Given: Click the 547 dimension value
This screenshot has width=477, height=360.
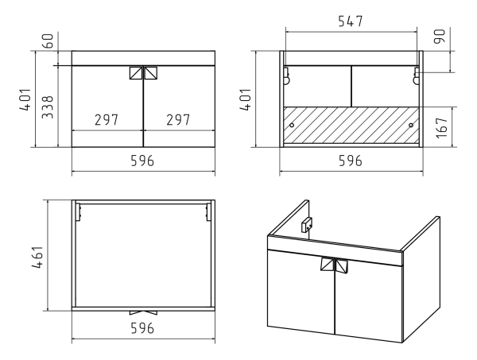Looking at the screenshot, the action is click(x=351, y=21).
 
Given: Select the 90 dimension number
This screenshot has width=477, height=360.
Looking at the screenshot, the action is click(x=440, y=37).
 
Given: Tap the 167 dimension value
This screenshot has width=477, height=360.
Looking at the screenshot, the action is click(x=442, y=128).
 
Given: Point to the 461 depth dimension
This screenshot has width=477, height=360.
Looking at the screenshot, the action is click(x=37, y=257).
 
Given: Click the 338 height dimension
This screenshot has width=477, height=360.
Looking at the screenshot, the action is click(x=48, y=106).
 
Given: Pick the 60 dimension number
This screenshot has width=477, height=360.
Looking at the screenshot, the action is click(x=48, y=41).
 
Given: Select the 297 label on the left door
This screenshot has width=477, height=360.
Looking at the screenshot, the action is click(x=107, y=120).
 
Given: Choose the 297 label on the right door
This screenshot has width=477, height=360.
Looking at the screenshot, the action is click(x=178, y=120).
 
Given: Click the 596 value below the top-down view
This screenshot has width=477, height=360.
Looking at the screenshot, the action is click(x=142, y=328).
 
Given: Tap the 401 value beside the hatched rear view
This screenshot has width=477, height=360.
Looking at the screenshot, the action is click(x=245, y=99).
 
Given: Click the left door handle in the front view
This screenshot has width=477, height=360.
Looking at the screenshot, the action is click(x=136, y=73).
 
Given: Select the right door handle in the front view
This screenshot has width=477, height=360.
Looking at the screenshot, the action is click(x=151, y=73).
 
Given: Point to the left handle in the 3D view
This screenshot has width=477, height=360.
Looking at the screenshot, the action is click(x=328, y=264).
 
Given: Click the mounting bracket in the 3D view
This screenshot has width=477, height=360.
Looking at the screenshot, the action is click(x=307, y=225).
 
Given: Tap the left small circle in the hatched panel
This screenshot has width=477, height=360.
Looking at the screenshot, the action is click(x=292, y=125).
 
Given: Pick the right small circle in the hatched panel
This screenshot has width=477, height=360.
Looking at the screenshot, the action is click(x=411, y=125).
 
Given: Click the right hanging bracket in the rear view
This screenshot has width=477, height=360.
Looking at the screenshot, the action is click(x=416, y=75).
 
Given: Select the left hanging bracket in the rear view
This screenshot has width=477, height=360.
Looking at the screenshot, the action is click(x=286, y=75).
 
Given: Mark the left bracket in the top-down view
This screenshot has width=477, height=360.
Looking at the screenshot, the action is click(x=79, y=212).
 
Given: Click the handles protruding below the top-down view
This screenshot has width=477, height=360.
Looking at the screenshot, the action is click(x=143, y=312).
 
